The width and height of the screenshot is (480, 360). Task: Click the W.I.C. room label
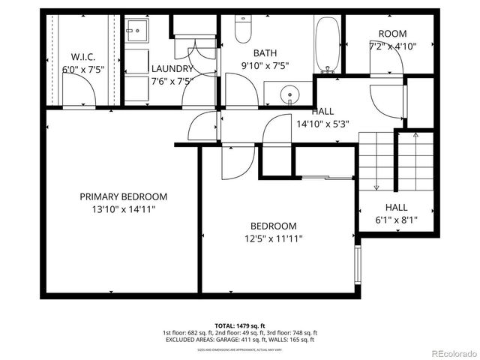point(82,57)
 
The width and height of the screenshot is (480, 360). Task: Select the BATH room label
point(265,52)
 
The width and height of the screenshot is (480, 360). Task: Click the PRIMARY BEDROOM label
point(124,196)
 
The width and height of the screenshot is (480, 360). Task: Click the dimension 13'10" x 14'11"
point(124,209)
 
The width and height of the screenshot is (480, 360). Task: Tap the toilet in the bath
point(243,30)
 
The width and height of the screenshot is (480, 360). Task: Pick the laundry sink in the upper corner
point(137,34)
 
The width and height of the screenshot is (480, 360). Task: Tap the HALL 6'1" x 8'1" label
point(396,214)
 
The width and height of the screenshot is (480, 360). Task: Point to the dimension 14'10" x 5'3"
point(323,124)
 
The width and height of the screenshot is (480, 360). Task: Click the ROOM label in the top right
point(391,34)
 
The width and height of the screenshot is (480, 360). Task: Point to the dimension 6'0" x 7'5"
point(82,70)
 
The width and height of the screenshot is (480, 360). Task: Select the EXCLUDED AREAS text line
point(239,340)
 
